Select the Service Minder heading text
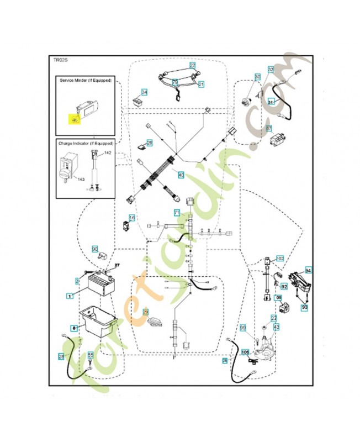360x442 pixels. (x=86, y=81)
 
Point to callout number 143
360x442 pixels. (x=81, y=179)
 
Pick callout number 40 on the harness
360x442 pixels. (x=181, y=175)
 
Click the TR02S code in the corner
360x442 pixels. (x=60, y=60)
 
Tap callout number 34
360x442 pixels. (x=145, y=92)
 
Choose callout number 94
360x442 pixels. (x=309, y=270)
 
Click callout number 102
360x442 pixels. (x=279, y=258)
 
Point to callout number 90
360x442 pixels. (x=94, y=249)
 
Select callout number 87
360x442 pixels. (x=269, y=128)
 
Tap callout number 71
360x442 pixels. (x=177, y=213)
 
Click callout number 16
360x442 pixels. (x=132, y=218)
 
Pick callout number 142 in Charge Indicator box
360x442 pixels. (x=108, y=152)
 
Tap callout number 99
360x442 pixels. (x=242, y=329)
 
